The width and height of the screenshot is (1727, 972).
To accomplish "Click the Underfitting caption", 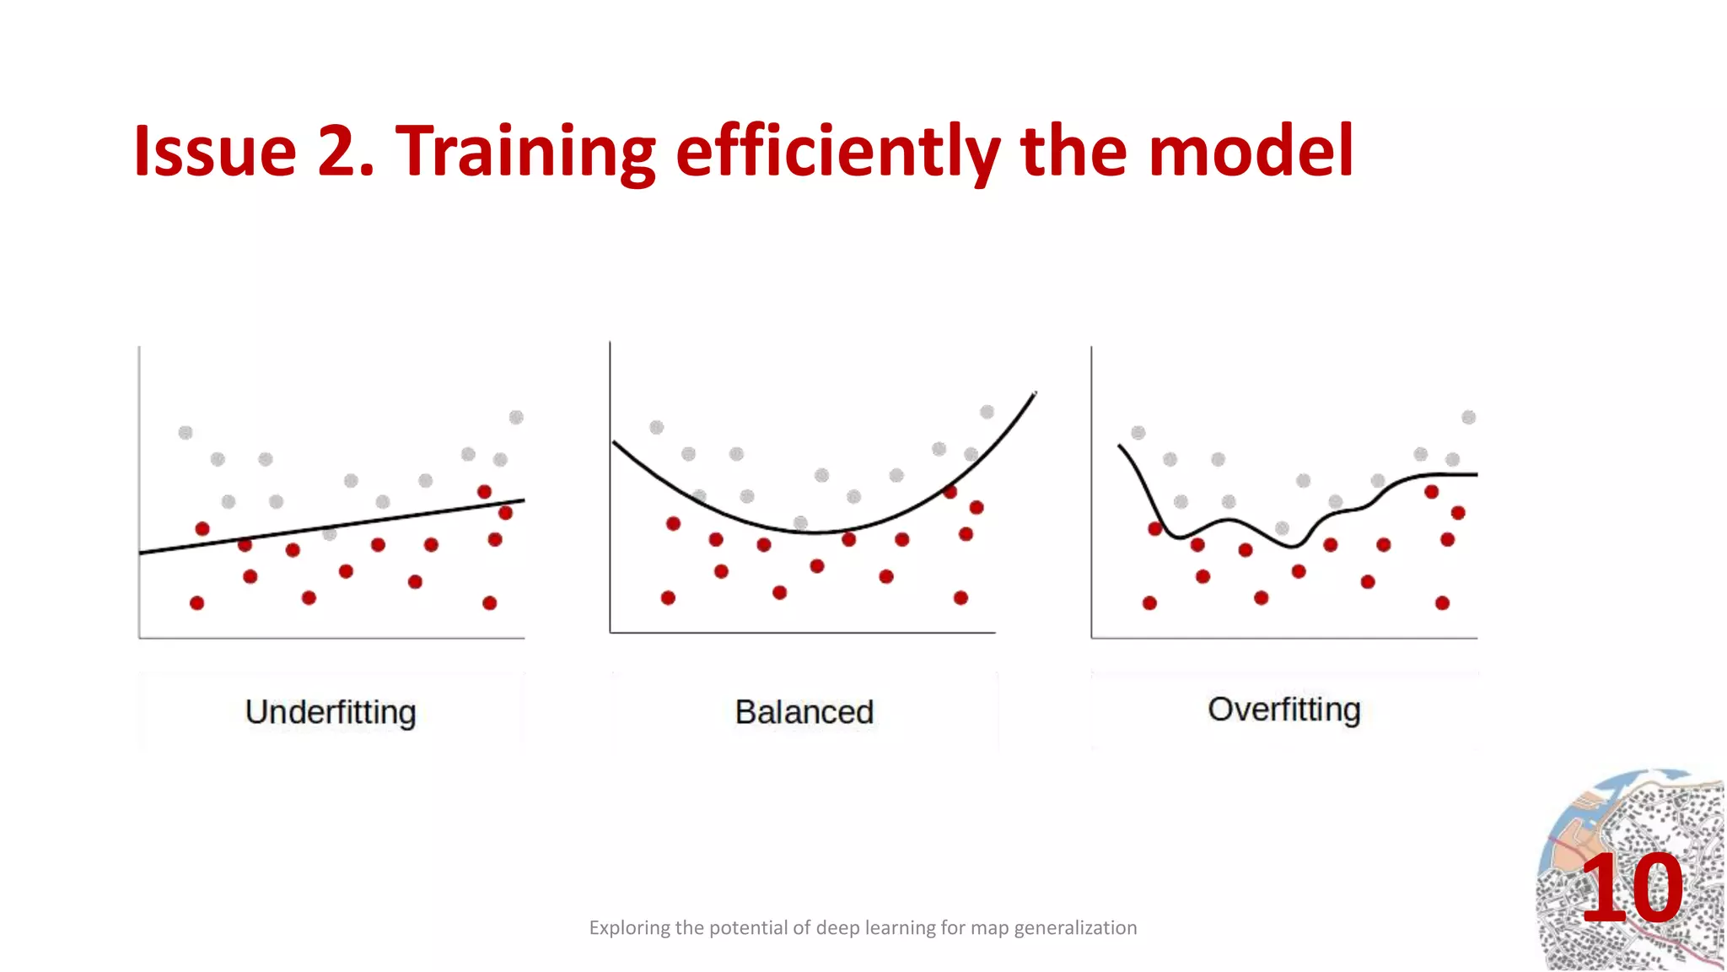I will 331,712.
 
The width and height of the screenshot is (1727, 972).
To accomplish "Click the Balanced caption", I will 804,712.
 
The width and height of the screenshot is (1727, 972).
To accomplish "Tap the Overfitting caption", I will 1283,710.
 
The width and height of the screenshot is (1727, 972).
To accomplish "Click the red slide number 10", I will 1631,888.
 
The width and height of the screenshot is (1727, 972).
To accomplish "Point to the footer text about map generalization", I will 863,928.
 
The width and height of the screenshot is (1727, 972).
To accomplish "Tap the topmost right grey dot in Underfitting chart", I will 516,417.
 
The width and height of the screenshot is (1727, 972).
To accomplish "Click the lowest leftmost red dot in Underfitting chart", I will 196,602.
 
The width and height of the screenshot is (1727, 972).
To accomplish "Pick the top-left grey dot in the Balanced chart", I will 657,427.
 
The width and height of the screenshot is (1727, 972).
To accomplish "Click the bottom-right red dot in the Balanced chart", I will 960,597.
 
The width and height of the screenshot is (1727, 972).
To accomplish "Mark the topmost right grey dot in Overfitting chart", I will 1468,417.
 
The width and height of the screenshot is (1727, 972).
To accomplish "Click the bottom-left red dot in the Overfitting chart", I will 1149,602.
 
